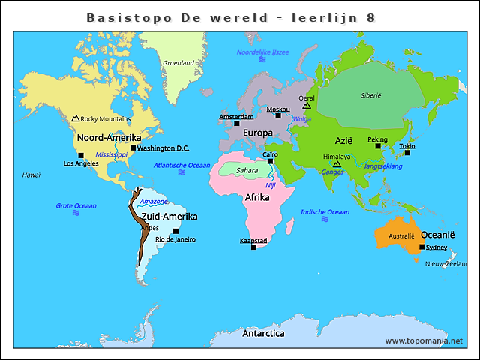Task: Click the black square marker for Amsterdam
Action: point(237,124)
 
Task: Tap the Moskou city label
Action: point(278,109)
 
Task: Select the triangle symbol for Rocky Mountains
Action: point(75,118)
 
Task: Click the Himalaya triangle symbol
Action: point(337,164)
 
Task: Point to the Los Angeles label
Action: point(80,163)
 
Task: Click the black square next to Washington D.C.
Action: point(133,148)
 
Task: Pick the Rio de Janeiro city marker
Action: point(175,231)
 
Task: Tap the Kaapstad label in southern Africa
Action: point(253,240)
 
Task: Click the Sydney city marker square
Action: point(422,247)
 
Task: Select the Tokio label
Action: point(406,146)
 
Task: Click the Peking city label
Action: point(377,139)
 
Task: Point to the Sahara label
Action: point(247,170)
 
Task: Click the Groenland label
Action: point(178,63)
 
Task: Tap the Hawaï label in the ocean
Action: point(31,175)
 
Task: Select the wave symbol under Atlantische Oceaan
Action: point(181,172)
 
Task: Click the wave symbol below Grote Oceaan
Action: point(76,213)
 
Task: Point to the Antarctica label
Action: point(263,333)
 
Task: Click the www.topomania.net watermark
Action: point(424,340)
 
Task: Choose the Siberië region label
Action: point(371,95)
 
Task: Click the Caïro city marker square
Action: point(271,161)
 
